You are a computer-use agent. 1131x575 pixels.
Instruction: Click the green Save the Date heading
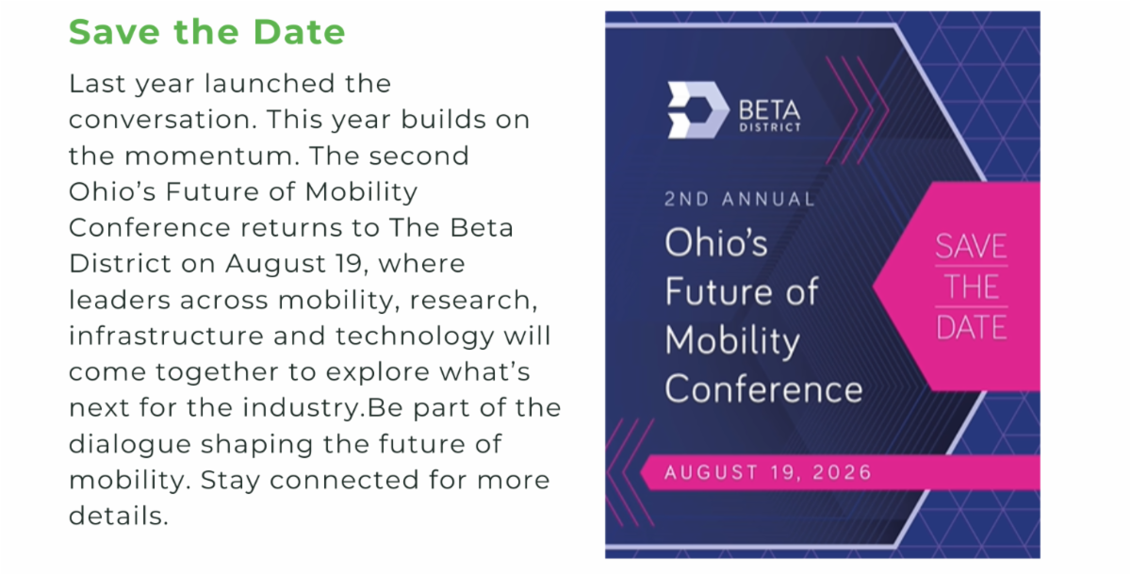pyautogui.click(x=207, y=32)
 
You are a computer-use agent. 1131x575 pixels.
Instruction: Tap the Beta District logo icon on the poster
pyautogui.click(x=698, y=110)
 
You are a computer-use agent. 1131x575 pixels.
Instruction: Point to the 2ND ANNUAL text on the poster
pyautogui.click(x=740, y=200)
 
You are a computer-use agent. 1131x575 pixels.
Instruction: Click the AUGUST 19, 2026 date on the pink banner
pyautogui.click(x=768, y=472)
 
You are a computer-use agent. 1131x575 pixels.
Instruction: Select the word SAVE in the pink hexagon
pyautogui.click(x=971, y=246)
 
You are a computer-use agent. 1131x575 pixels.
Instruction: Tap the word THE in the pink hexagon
pyautogui.click(x=971, y=287)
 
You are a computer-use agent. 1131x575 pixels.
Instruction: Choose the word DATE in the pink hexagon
pyautogui.click(x=972, y=327)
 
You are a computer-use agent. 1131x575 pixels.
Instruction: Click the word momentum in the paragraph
pyautogui.click(x=208, y=156)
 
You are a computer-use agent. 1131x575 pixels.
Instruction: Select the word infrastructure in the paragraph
pyautogui.click(x=166, y=336)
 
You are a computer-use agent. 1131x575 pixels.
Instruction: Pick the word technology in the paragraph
pyautogui.click(x=415, y=337)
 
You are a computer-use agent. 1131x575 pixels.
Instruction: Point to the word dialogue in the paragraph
pyautogui.click(x=130, y=445)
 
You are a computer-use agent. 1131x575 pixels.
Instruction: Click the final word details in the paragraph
pyautogui.click(x=119, y=516)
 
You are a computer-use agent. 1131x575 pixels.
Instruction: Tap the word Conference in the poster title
pyautogui.click(x=763, y=389)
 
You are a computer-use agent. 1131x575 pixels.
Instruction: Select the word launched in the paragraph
pyautogui.click(x=270, y=84)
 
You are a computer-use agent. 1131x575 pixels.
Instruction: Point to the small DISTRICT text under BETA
pyautogui.click(x=769, y=127)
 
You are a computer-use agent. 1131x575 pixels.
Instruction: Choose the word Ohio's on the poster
pyautogui.click(x=715, y=243)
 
